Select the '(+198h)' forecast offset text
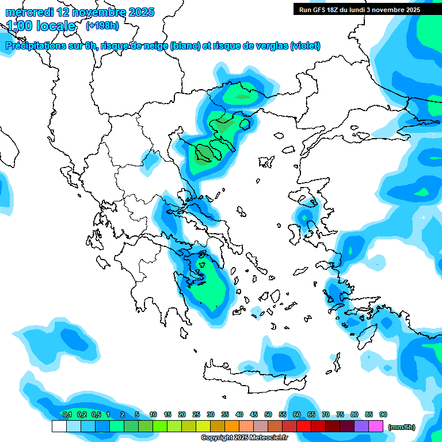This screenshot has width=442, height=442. (x=102, y=26)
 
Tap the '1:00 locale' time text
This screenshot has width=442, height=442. (x=41, y=26)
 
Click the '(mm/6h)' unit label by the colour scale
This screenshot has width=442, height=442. (x=401, y=427)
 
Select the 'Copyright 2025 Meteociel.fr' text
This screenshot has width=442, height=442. (x=244, y=438)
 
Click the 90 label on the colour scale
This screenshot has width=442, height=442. (x=383, y=414)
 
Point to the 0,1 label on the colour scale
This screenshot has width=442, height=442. (x=67, y=414)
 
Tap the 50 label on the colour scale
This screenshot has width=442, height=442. (x=268, y=414)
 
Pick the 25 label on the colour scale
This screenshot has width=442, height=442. (x=196, y=414)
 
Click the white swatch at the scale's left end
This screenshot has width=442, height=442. (x=59, y=426)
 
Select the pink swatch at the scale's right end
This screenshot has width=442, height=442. (x=376, y=426)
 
